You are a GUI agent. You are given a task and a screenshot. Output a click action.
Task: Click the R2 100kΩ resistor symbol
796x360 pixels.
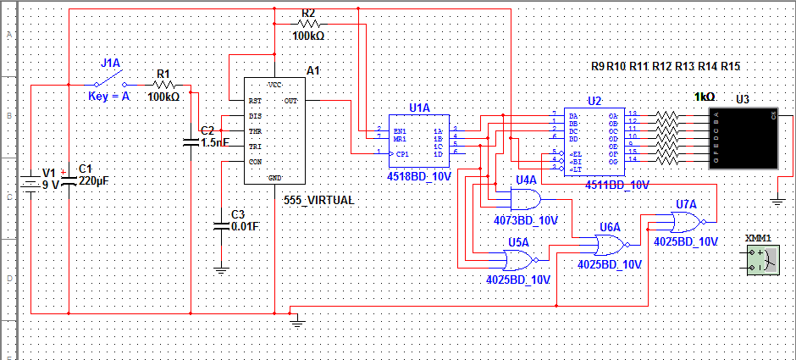pyautogui.click(x=308, y=25)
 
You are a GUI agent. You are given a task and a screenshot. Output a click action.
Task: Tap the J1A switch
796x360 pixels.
pyautogui.click(x=109, y=82)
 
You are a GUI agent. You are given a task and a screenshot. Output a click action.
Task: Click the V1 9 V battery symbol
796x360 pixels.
pyautogui.click(x=30, y=181)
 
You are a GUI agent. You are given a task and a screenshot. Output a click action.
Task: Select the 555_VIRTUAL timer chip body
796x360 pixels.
pyautogui.click(x=274, y=130)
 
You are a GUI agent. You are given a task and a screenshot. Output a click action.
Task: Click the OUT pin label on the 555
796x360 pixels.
pyautogui.click(x=290, y=101)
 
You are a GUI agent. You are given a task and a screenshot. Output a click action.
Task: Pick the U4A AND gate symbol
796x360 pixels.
pyautogui.click(x=525, y=199)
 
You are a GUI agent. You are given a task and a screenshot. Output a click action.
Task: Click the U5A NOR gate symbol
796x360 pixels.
pyautogui.click(x=517, y=259)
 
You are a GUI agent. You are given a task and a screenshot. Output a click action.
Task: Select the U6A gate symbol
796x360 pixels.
pyautogui.click(x=610, y=246)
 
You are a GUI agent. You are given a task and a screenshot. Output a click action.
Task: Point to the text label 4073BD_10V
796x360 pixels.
pyautogui.click(x=526, y=220)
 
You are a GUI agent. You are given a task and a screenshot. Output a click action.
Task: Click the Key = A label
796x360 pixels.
pyautogui.click(x=108, y=97)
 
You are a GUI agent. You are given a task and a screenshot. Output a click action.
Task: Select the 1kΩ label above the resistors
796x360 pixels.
pyautogui.click(x=705, y=97)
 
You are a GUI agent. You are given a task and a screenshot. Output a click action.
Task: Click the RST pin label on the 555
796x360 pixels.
pyautogui.click(x=254, y=101)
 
